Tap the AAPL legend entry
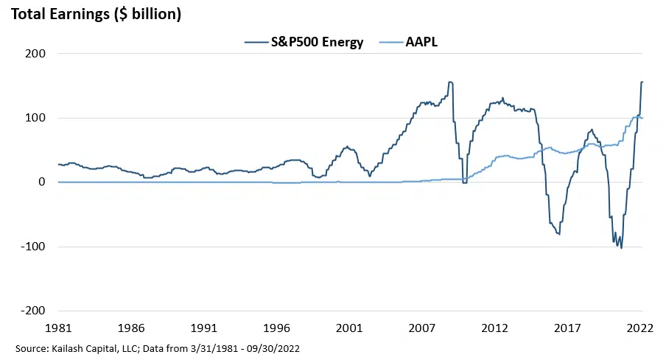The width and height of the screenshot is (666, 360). point(423,42)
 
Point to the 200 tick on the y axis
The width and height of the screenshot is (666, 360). point(35,54)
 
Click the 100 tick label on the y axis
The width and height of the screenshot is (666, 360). point(35,118)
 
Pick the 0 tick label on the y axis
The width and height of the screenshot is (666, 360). point(41,182)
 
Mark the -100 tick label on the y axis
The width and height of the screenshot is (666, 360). point(32,247)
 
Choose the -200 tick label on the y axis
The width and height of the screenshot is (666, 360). point(32,311)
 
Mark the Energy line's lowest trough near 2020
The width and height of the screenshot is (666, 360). point(621,248)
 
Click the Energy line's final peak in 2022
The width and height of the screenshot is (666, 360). point(642,82)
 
